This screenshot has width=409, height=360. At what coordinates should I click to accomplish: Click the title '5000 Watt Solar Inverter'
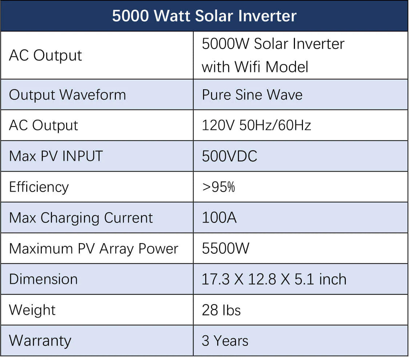204,16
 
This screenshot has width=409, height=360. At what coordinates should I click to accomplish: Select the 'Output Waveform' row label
68,95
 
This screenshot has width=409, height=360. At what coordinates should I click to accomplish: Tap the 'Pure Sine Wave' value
252,95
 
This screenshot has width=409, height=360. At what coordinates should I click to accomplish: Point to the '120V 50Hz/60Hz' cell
256,126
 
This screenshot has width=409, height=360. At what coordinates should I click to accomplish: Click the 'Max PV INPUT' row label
56,156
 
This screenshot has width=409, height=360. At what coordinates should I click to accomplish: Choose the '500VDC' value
230,156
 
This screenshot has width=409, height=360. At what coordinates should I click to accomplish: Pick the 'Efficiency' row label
39,187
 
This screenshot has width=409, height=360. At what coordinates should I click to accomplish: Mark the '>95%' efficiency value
218,187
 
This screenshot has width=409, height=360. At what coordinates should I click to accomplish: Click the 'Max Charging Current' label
81,218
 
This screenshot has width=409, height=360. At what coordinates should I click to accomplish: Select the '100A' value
219,218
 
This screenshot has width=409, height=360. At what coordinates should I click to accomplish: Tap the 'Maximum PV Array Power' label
94,249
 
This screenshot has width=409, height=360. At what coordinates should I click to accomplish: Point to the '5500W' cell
226,249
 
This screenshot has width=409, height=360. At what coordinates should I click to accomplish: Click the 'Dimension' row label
43,279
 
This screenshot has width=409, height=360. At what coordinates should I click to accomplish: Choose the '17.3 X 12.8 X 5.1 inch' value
274,279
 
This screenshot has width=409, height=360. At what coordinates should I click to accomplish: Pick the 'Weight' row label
32,310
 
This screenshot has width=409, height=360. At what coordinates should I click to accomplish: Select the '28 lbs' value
221,310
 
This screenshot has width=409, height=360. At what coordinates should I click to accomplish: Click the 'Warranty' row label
40,341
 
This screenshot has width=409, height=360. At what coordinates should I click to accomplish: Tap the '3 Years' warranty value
225,341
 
